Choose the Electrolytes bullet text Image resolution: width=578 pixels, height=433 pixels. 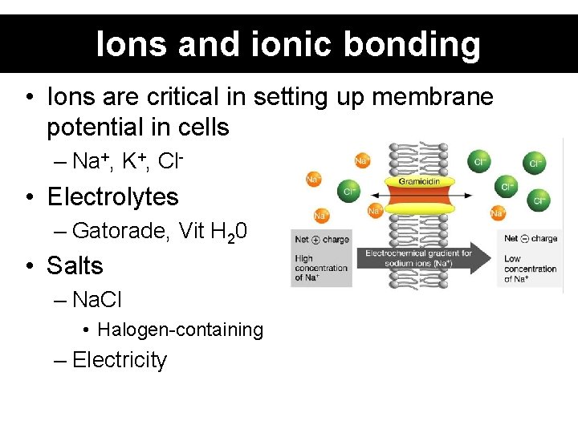point(112,196)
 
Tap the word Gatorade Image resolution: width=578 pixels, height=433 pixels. point(120,231)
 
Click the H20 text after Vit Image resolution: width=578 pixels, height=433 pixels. point(229,232)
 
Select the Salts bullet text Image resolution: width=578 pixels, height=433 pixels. point(75,265)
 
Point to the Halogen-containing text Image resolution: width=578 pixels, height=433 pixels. point(181,330)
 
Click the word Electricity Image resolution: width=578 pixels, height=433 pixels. point(119,360)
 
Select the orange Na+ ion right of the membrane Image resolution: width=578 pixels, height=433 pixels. point(498,212)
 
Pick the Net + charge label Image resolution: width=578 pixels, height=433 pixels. point(321,239)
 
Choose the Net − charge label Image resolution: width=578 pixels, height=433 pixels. point(531,238)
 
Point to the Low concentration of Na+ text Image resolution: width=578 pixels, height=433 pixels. point(531,269)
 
